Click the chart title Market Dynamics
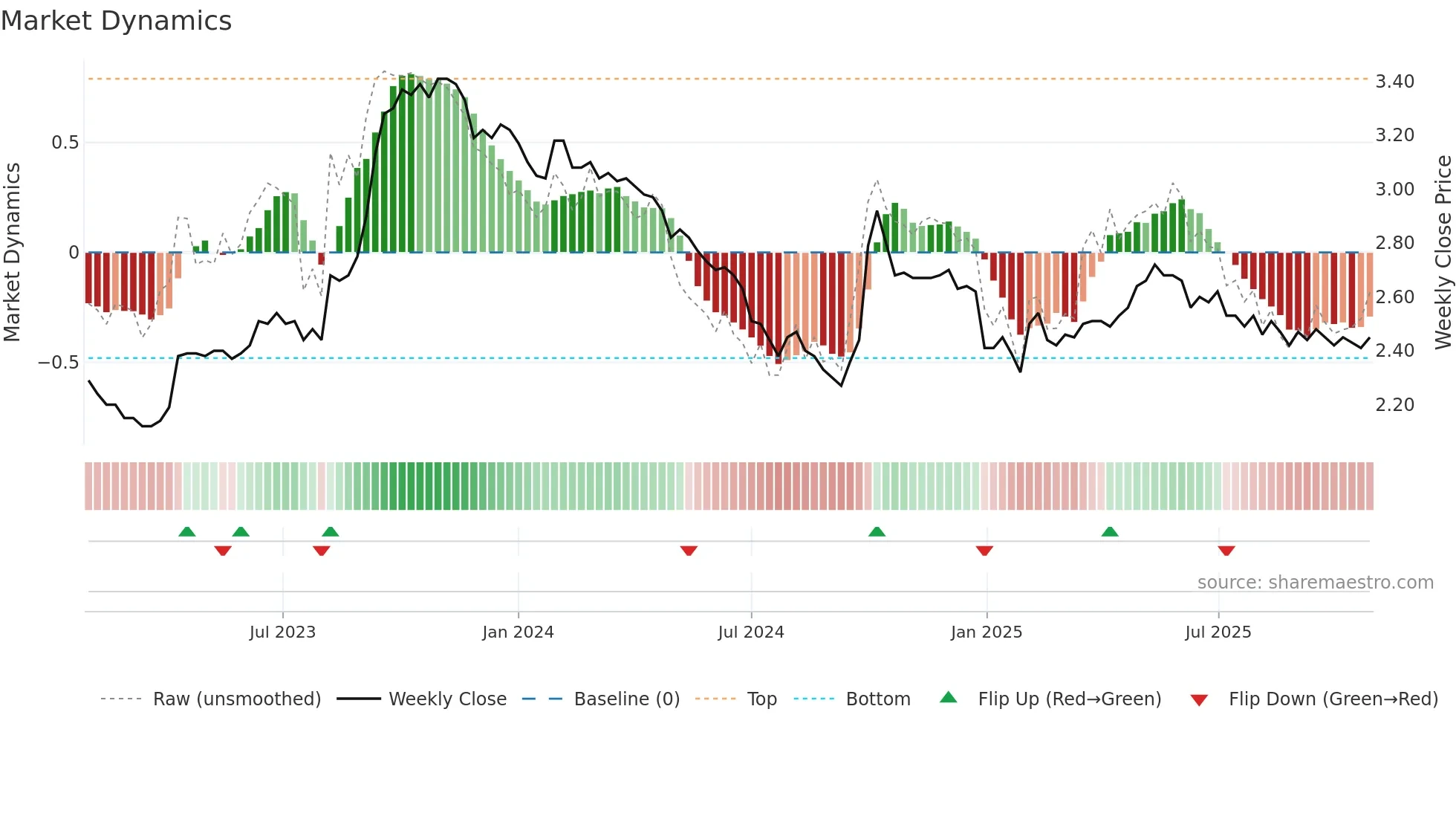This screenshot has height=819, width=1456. pyautogui.click(x=116, y=21)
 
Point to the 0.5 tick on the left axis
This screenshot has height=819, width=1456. pyautogui.click(x=65, y=143)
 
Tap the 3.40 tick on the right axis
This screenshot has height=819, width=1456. pyautogui.click(x=1394, y=82)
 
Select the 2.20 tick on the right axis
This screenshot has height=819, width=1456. pyautogui.click(x=1394, y=405)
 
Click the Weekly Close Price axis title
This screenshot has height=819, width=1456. pyautogui.click(x=1443, y=252)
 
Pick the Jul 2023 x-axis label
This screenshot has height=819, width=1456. pyautogui.click(x=282, y=632)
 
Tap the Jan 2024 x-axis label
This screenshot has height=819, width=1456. pyautogui.click(x=518, y=632)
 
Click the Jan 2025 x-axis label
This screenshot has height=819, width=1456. pyautogui.click(x=986, y=632)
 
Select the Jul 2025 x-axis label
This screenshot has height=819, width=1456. pyautogui.click(x=1218, y=632)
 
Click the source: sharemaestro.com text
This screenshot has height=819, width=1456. pyautogui.click(x=1315, y=583)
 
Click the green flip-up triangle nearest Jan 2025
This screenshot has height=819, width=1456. pyautogui.click(x=877, y=531)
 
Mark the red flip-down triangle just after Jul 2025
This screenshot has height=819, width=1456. pyautogui.click(x=1226, y=551)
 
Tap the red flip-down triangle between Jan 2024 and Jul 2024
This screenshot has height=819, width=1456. pyautogui.click(x=689, y=551)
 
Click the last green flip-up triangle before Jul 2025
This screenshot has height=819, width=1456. pyautogui.click(x=1109, y=531)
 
